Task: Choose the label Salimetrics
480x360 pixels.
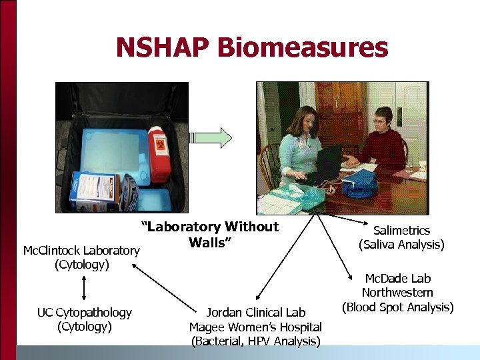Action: pyautogui.click(x=401, y=231)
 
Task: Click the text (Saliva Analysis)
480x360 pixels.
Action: pyautogui.click(x=401, y=245)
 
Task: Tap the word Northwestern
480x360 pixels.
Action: pyautogui.click(x=397, y=293)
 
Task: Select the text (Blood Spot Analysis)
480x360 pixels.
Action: pyautogui.click(x=397, y=307)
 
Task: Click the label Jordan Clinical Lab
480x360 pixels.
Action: pyautogui.click(x=255, y=313)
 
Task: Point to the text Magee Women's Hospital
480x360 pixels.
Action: pyautogui.click(x=255, y=327)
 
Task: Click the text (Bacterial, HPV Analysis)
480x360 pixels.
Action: pyautogui.click(x=255, y=341)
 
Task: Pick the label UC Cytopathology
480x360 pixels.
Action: pyautogui.click(x=84, y=313)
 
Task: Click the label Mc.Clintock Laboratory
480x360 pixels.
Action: pyautogui.click(x=81, y=251)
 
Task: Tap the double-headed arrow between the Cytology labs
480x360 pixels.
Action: pyautogui.click(x=84, y=289)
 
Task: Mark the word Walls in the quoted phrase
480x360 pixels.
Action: pyautogui.click(x=209, y=242)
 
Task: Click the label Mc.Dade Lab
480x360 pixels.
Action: pyautogui.click(x=397, y=279)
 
